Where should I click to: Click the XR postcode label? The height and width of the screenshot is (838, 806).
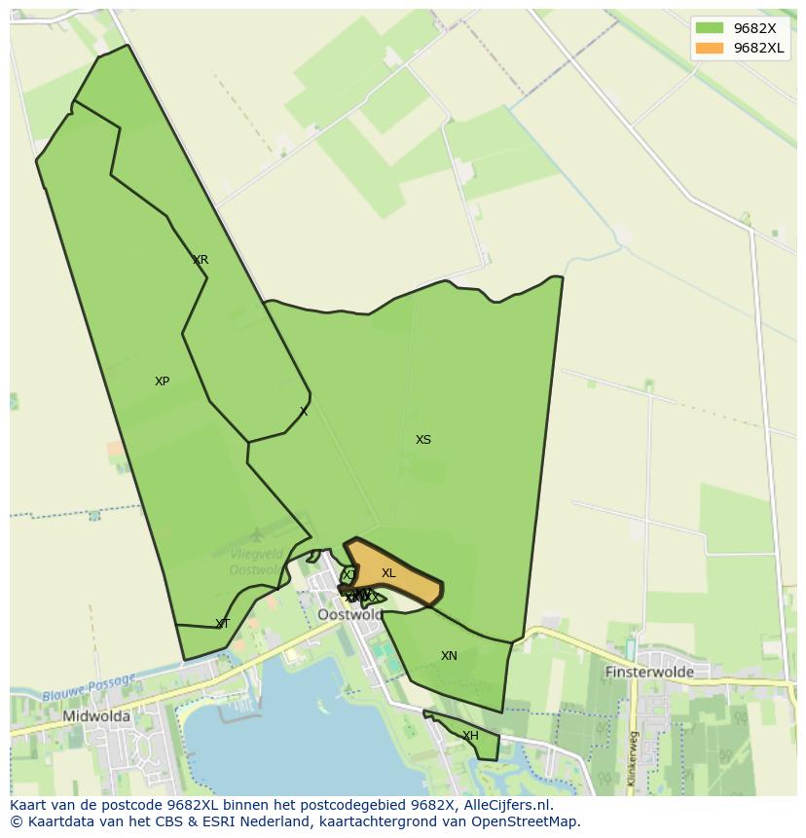coord(201,260)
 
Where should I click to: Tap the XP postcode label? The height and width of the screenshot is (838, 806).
coord(162,382)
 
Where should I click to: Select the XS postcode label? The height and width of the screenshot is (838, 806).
coord(423,440)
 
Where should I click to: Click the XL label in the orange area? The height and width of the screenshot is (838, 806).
coord(388,573)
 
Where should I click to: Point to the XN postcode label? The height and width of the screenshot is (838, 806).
coord(449,656)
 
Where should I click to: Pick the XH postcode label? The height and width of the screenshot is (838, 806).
coord(470,736)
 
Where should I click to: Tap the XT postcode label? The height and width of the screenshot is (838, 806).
coord(223,624)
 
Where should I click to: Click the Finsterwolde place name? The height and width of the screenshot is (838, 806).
coord(649,672)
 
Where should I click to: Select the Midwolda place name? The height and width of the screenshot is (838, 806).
coord(96,716)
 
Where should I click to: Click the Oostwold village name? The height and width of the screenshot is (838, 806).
coord(350,615)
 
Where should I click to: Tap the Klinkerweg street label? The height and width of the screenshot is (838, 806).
coord(632,758)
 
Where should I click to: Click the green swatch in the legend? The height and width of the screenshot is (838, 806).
coord(710,28)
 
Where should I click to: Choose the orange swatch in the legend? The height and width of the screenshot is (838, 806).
coord(710,48)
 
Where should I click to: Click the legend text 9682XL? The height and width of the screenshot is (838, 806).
coord(759,48)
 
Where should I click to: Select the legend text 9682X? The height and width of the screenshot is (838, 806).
coord(754,28)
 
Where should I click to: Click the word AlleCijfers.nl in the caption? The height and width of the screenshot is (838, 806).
coord(507,805)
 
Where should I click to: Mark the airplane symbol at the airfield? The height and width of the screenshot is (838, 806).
coord(256,534)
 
